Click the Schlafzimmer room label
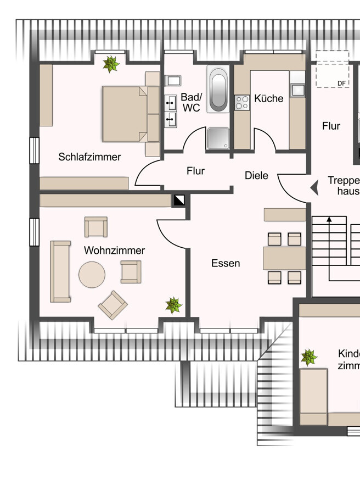click(x=89, y=157)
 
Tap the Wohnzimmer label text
click(x=114, y=250)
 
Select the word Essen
click(x=226, y=263)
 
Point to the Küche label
click(x=269, y=98)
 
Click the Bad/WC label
click(x=191, y=103)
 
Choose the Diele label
click(x=256, y=175)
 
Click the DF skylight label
click(x=341, y=83)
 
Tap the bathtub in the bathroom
click(x=218, y=90)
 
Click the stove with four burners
click(x=242, y=102)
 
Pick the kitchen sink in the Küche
click(x=297, y=90)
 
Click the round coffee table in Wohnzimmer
click(x=92, y=275)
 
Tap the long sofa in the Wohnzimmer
click(x=60, y=271)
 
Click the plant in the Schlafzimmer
click(x=111, y=64)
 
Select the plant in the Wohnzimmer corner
click(x=174, y=305)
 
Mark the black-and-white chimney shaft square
click(x=179, y=201)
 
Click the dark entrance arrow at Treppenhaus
click(x=314, y=188)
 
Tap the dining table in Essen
click(x=284, y=258)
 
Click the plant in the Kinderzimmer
click(x=309, y=358)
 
